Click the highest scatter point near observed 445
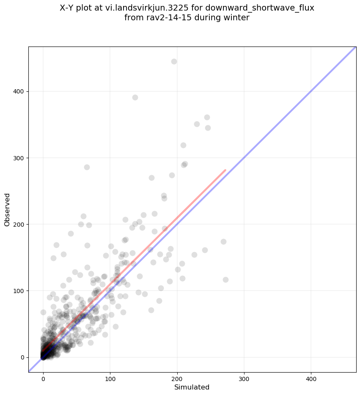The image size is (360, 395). click(174, 61)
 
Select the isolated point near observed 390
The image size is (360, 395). click(135, 97)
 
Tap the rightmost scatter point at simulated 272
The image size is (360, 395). click(225, 280)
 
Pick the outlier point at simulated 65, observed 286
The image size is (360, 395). click(87, 167)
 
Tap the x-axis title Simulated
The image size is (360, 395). click(192, 387)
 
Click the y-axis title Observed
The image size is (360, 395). click(7, 210)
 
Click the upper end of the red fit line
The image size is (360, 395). click(225, 170)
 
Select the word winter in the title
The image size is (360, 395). click(237, 18)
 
